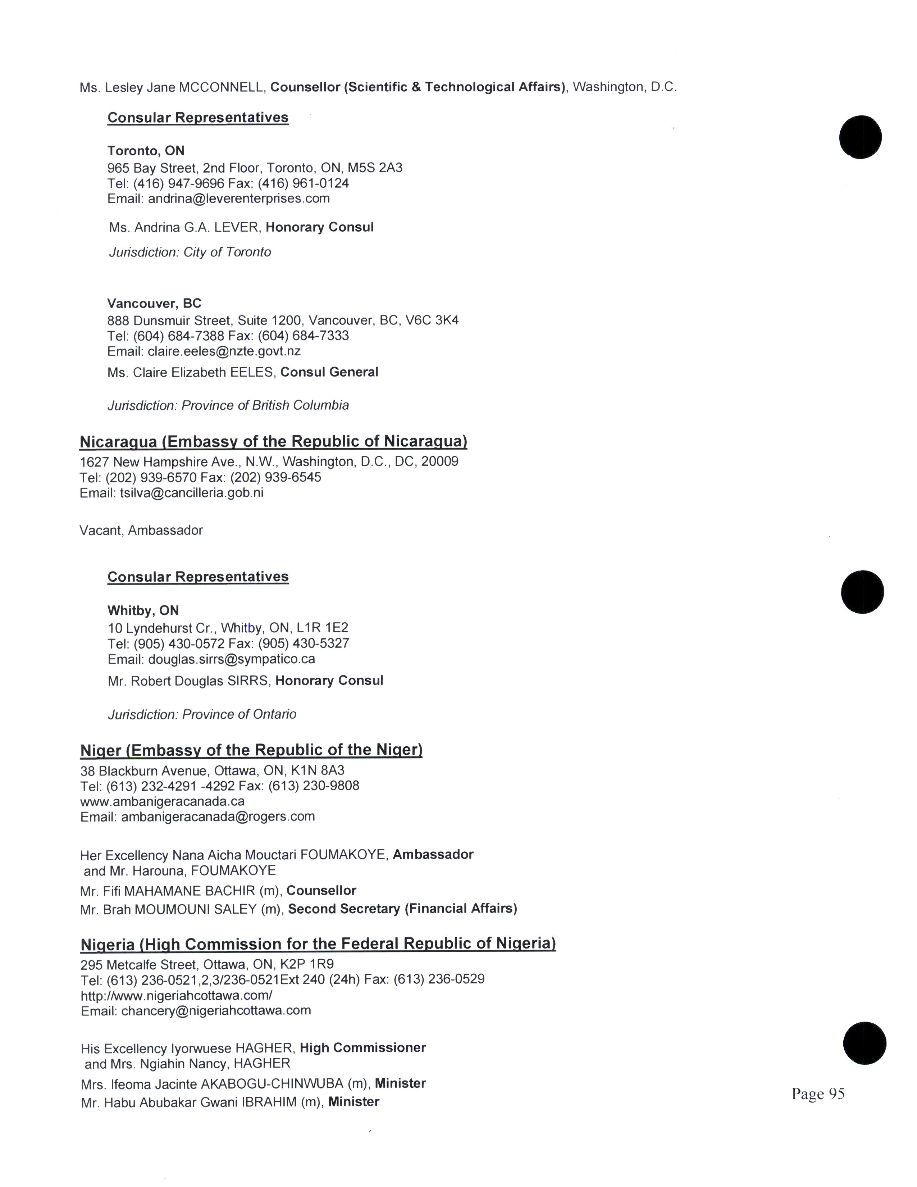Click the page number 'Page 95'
tap(818, 1093)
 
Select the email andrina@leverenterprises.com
tap(238, 199)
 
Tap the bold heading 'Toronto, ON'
tap(146, 151)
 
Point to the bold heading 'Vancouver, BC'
tap(154, 303)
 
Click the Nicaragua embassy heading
tap(273, 441)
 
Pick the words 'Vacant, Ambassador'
tap(141, 531)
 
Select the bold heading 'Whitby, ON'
tap(143, 610)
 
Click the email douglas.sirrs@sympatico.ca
tap(232, 659)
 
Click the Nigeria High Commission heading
tap(318, 943)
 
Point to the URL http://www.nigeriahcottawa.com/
tap(177, 995)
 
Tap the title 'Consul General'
tap(329, 372)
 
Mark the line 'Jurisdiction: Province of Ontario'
tap(202, 714)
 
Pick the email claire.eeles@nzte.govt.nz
tap(224, 351)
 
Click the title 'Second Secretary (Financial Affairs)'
tap(402, 908)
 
